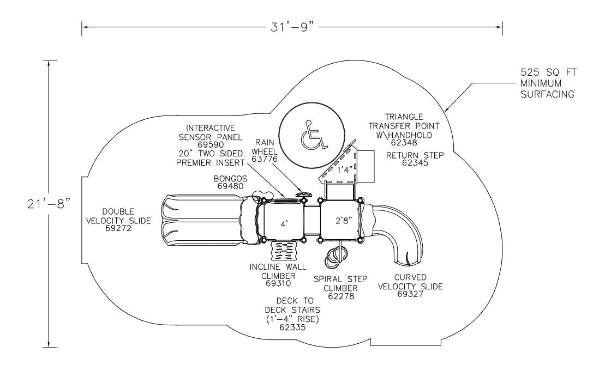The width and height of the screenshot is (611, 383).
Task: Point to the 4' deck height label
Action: pyautogui.click(x=284, y=224)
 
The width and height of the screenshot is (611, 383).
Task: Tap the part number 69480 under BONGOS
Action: pyautogui.click(x=230, y=186)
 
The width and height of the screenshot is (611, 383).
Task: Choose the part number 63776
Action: pyautogui.click(x=264, y=159)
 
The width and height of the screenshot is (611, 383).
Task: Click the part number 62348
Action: pyautogui.click(x=404, y=143)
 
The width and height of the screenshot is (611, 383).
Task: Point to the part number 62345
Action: pyautogui.click(x=415, y=162)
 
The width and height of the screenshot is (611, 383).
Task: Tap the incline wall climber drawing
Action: pyautogui.click(x=285, y=252)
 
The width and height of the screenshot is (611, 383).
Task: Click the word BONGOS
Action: pyautogui.click(x=230, y=178)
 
